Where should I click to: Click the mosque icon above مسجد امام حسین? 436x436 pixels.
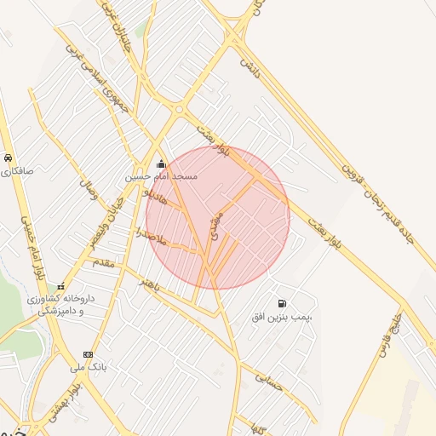[x=162, y=164]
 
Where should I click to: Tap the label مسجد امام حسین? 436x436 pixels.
[x=162, y=176]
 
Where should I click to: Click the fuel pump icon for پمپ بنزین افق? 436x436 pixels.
[x=282, y=304]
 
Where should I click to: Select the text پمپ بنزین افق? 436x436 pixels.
[x=283, y=317]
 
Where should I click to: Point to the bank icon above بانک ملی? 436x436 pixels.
[x=88, y=354]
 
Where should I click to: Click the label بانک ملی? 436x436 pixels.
[x=89, y=367]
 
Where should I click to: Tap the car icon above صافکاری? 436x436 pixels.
[x=8, y=158]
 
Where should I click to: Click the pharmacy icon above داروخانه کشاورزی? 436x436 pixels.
[x=60, y=287]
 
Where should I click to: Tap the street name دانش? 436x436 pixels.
[x=248, y=65]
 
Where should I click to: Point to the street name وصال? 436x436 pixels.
[x=89, y=188]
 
